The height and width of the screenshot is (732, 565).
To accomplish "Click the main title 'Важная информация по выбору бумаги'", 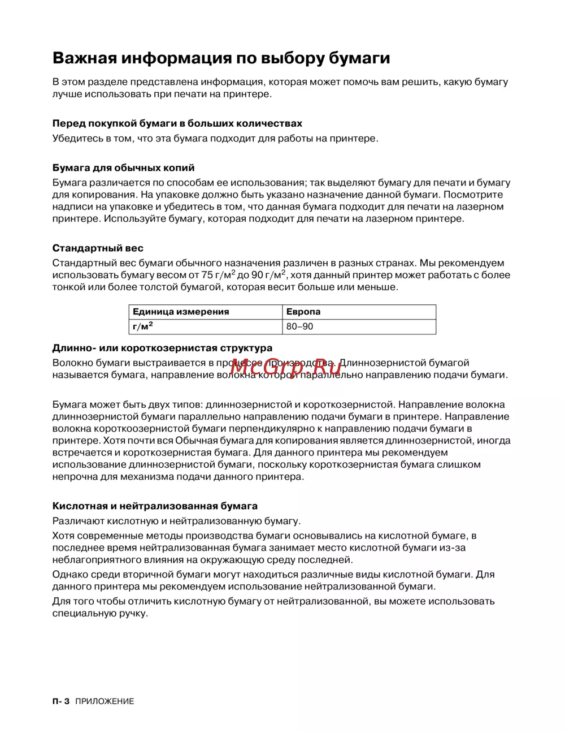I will click(221, 58).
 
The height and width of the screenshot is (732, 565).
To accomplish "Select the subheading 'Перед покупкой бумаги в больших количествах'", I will click(177, 123).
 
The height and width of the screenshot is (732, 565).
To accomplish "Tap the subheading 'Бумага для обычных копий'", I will click(123, 167).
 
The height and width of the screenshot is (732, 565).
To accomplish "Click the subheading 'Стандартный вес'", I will click(98, 248).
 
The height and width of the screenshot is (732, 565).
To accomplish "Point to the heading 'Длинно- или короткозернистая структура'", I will click(162, 348).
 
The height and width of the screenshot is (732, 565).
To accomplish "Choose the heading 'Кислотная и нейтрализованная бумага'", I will click(155, 506).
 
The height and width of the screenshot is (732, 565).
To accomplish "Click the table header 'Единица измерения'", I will click(181, 312).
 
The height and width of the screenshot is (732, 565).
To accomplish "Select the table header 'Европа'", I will click(303, 312).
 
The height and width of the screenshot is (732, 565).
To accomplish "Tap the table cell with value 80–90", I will click(299, 326).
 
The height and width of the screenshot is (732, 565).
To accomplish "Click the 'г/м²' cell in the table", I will click(143, 326).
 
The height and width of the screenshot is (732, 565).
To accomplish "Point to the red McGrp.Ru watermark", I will click(285, 367).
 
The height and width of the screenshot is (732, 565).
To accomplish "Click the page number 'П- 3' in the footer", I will click(60, 701).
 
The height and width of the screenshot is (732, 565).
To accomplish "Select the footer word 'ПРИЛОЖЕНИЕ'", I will click(105, 701).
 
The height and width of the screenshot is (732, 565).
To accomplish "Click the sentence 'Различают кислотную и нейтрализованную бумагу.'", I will click(176, 521).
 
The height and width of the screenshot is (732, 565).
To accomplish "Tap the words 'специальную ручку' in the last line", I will click(99, 613).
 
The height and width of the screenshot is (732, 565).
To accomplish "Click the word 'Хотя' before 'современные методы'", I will click(63, 535).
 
